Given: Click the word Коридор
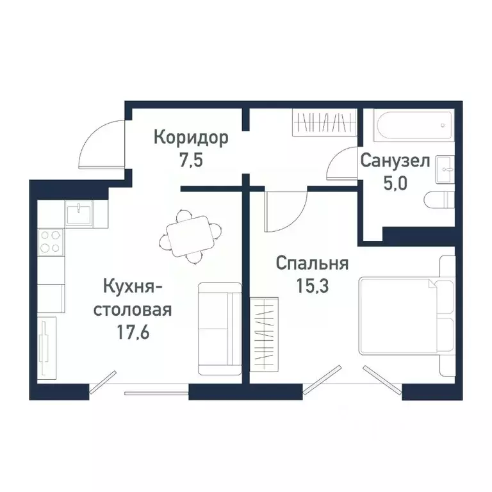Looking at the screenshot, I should pos(191,138).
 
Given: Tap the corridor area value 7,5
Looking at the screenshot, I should pos(191,160).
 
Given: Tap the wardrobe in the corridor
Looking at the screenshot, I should pos(324,122).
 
